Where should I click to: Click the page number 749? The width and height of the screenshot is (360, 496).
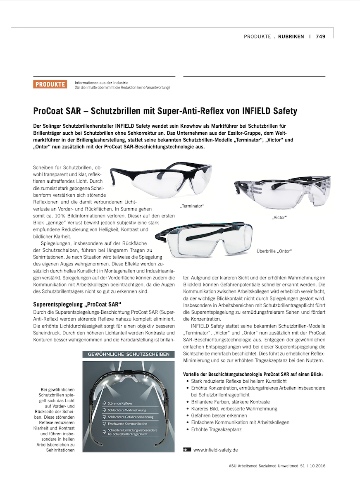[320, 36]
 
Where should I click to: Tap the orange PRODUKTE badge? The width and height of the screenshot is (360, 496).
[50, 84]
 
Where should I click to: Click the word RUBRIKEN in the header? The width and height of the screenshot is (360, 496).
[291, 36]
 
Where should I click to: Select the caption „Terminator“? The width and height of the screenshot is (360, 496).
[192, 206]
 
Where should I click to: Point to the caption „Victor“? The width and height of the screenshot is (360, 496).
[279, 217]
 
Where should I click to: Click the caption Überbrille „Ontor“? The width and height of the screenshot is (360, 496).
[274, 251]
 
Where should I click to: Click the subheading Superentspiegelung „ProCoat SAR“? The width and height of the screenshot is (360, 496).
[74, 305]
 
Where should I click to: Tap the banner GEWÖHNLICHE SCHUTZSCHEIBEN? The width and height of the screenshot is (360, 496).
[129, 354]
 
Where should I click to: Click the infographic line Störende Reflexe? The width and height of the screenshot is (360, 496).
[120, 403]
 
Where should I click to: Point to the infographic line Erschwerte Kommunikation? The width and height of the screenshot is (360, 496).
[127, 424]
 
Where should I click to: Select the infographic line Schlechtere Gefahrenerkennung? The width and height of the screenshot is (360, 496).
[131, 417]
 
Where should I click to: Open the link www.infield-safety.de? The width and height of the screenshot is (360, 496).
[215, 450]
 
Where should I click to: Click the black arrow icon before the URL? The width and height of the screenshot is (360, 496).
[187, 450]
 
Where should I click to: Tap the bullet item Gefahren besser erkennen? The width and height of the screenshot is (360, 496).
[219, 415]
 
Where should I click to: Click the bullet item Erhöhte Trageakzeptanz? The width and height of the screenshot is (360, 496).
[216, 429]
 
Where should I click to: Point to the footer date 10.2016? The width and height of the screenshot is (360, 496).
[317, 466]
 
